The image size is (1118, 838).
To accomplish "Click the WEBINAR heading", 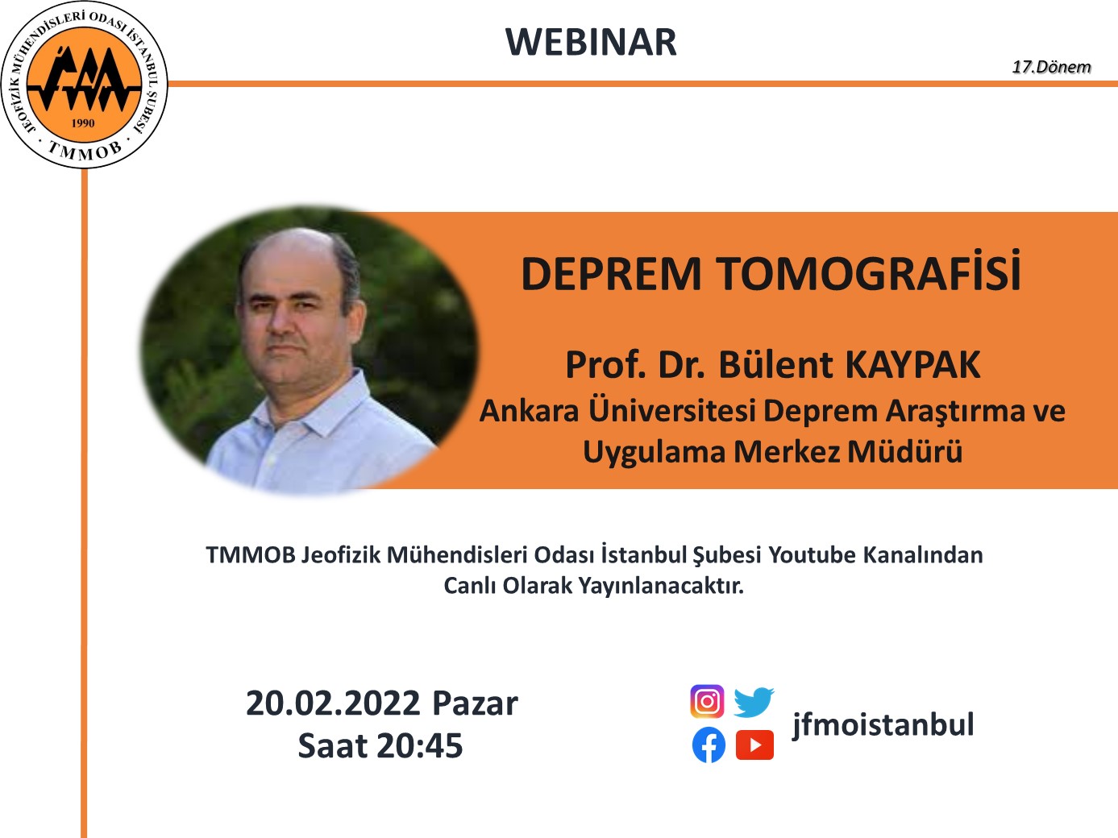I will click(591, 42).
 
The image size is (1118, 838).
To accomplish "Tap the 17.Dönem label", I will click(1051, 67).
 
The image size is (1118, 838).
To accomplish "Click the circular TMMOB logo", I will click(85, 85).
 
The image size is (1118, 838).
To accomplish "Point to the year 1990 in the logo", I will click(83, 123).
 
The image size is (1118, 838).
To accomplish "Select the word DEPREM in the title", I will click(611, 274).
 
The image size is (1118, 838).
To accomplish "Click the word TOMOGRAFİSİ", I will click(869, 274).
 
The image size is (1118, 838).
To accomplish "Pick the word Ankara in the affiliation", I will click(530, 411).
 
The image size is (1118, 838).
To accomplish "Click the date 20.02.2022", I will click(333, 703).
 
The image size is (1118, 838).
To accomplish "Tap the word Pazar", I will click(475, 703).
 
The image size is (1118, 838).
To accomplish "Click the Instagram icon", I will click(707, 702).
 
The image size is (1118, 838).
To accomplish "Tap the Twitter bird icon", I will click(754, 702).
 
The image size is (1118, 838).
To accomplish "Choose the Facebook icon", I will click(709, 745).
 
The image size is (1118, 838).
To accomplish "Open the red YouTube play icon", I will click(755, 745).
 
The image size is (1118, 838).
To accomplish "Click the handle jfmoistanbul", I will click(883, 724).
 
